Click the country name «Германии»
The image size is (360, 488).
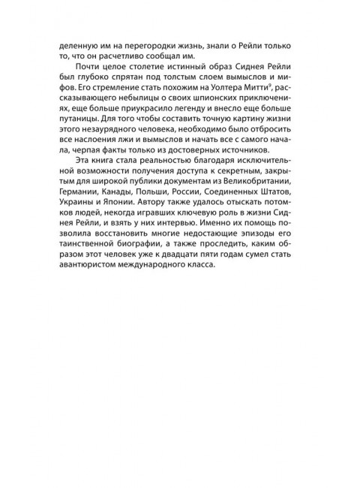coord(80,195)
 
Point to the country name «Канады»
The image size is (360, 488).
coord(124,195)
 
